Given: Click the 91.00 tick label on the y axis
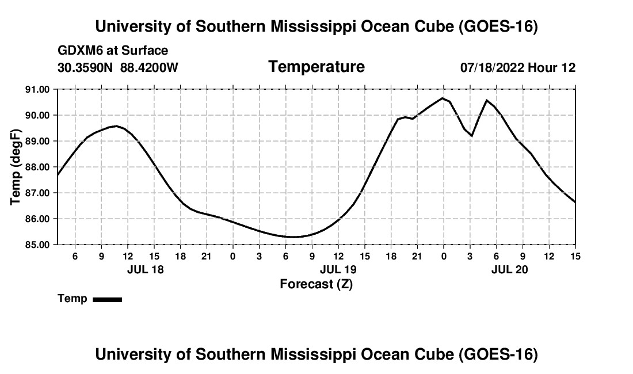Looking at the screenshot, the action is point(37,89).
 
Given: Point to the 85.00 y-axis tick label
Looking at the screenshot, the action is point(37,245).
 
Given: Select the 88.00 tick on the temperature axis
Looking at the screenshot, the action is point(37,167).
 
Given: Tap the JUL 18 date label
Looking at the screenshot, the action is point(146,269).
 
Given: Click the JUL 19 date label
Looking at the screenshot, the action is point(338,269).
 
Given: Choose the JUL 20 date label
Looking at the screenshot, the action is point(509,269).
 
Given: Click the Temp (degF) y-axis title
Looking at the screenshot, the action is point(16,167).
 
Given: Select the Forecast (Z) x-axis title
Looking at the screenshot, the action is point(316,284).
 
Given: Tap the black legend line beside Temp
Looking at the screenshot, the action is point(108,299).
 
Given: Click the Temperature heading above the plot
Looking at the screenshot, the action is point(316,67).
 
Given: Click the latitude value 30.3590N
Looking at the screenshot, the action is point(85,67).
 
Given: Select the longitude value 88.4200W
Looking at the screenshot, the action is point(149,67).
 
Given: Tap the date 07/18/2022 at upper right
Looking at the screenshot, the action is point(492,67).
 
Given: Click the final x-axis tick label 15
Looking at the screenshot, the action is point(575,256).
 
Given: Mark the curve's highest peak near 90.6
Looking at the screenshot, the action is point(443,98).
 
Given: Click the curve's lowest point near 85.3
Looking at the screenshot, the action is point(293,237).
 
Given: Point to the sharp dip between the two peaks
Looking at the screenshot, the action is point(471,136).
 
